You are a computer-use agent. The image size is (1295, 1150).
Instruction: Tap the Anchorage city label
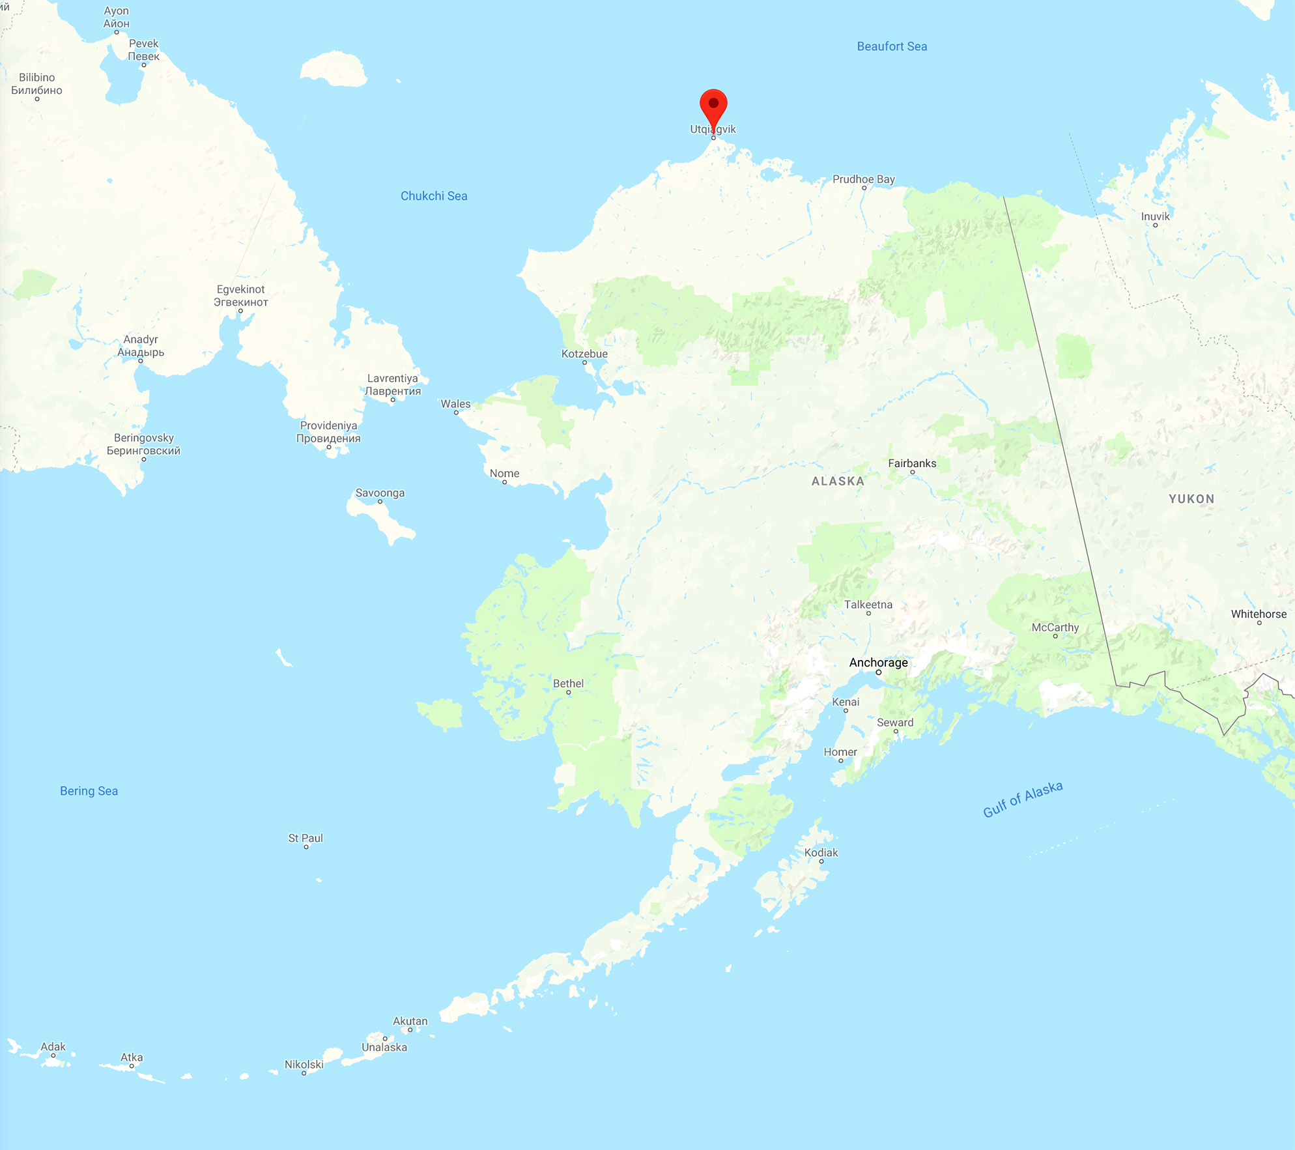pyautogui.click(x=878, y=663)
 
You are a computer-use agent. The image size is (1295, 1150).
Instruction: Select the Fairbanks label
pyautogui.click(x=912, y=463)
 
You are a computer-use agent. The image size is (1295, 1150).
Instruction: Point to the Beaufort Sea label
pyautogui.click(x=892, y=46)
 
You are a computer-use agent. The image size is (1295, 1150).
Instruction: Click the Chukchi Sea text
pyautogui.click(x=434, y=196)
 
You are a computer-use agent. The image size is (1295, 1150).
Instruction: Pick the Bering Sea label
pyautogui.click(x=89, y=791)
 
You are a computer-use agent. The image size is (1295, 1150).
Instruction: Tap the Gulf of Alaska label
pyautogui.click(x=1023, y=799)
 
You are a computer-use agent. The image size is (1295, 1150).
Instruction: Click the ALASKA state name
pyautogui.click(x=838, y=482)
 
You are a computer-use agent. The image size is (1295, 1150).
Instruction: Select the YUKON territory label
pyautogui.click(x=1191, y=499)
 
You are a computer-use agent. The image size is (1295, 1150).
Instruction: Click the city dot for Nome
pyautogui.click(x=505, y=482)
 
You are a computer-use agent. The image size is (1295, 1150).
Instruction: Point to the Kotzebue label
pyautogui.click(x=584, y=354)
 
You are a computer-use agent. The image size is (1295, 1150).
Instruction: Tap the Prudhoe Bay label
pyautogui.click(x=864, y=179)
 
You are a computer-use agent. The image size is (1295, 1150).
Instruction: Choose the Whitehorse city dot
pyautogui.click(x=1259, y=623)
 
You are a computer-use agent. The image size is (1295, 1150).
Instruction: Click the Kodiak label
pyautogui.click(x=821, y=853)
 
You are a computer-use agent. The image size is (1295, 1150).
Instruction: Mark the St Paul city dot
pyautogui.click(x=306, y=847)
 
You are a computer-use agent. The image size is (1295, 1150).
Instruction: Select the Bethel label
pyautogui.click(x=568, y=683)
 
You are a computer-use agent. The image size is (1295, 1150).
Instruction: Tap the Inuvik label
pyautogui.click(x=1155, y=216)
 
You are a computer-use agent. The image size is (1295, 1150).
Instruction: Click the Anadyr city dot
pyautogui.click(x=141, y=361)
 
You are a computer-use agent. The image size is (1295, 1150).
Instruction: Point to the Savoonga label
pyautogui.click(x=380, y=493)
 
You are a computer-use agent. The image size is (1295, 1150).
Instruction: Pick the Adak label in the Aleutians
pyautogui.click(x=53, y=1047)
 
